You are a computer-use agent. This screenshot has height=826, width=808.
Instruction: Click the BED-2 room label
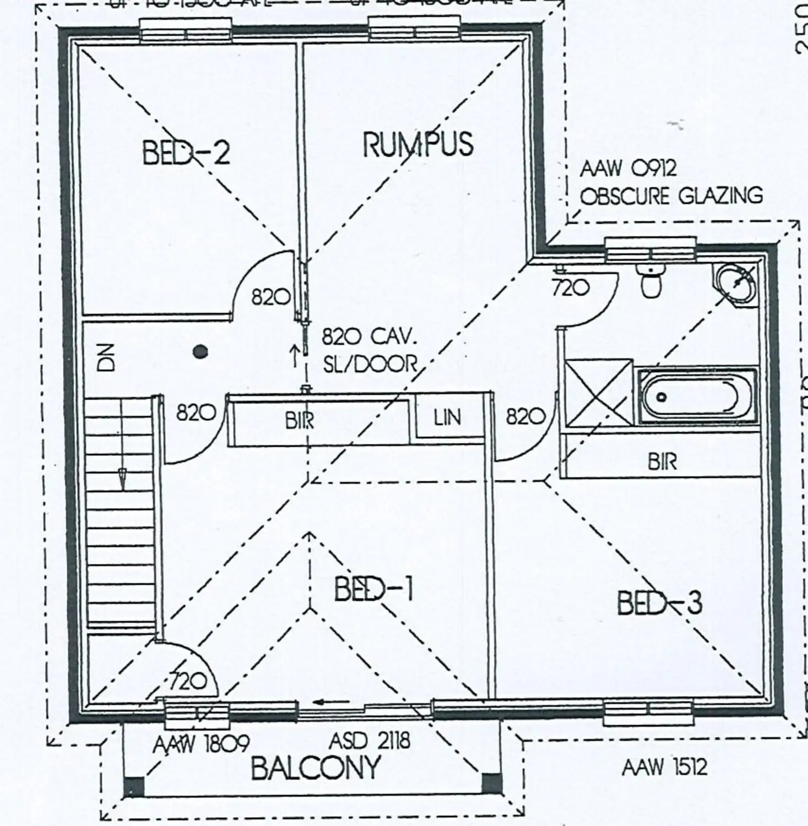186,153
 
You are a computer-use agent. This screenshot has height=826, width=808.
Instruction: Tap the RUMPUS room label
417,144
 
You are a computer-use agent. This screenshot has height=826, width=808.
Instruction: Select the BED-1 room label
373,590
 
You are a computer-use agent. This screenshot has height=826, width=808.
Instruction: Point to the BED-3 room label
659,603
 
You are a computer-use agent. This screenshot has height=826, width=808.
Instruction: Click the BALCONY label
316,768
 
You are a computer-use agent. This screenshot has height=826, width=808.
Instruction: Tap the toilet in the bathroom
652,281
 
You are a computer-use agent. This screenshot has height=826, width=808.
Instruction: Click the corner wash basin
737,282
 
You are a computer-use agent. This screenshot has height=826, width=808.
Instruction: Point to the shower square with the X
599,393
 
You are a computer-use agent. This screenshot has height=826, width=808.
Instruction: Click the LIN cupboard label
447,418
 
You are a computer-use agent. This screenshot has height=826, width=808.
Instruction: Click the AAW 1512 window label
664,767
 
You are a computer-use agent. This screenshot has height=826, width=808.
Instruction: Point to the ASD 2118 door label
370,741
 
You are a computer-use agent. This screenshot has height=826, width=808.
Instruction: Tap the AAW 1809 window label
200,745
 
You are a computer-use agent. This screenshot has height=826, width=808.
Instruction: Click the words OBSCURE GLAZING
671,196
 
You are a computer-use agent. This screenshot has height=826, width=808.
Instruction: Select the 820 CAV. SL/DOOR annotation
369,350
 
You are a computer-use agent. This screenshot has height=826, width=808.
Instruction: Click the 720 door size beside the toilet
571,287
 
